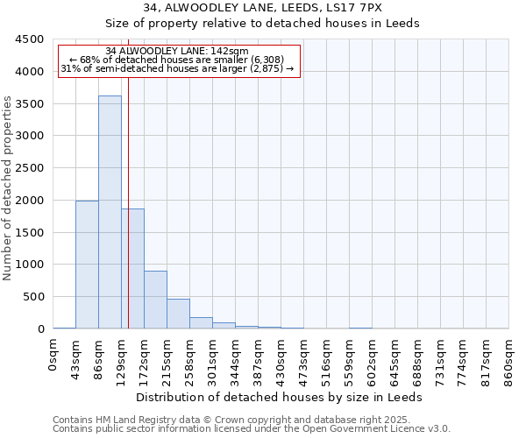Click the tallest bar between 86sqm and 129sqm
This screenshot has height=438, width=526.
[x=110, y=212]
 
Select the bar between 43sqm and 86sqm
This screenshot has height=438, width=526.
[x=87, y=265]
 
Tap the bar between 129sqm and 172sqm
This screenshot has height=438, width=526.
[x=132, y=268]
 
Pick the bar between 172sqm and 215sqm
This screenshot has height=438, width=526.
[x=155, y=300]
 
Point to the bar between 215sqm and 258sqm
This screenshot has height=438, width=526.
[x=178, y=314]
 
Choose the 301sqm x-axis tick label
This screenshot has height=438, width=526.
[x=213, y=357]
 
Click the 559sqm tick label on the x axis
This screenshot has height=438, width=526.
[x=350, y=357]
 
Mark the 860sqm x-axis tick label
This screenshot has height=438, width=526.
[x=509, y=357]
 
